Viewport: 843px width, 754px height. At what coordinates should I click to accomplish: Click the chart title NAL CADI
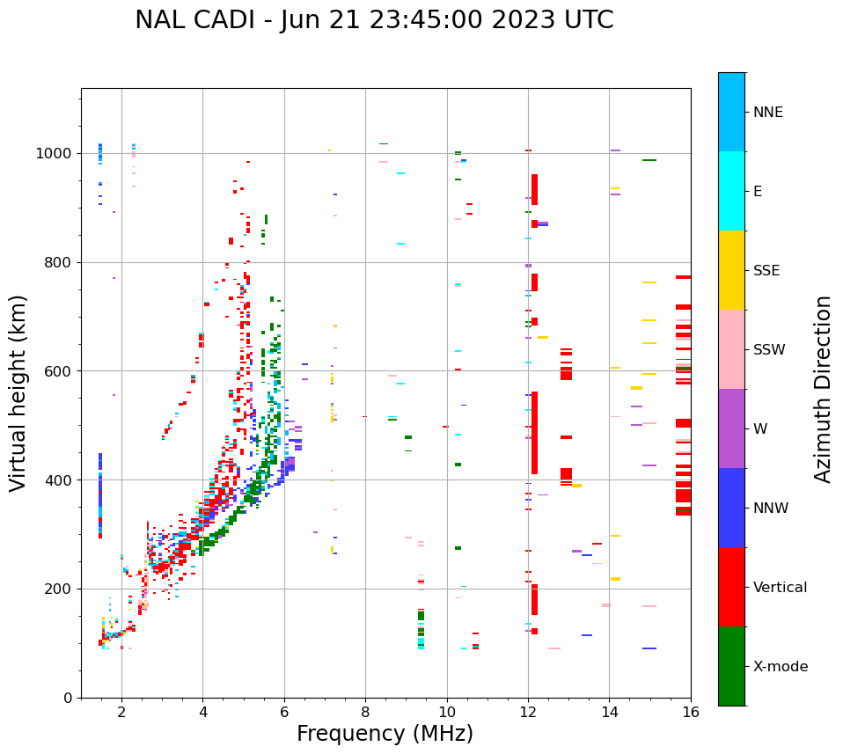click(374, 20)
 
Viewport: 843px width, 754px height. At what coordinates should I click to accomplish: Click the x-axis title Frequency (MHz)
click(385, 734)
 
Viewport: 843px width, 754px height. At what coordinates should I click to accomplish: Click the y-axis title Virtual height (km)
click(18, 393)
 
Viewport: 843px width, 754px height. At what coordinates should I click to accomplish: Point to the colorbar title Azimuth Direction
click(823, 389)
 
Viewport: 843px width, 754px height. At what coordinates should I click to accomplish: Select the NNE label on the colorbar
click(768, 113)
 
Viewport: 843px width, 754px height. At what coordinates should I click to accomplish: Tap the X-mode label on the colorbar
click(781, 667)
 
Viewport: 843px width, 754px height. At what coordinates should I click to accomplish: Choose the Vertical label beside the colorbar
click(780, 588)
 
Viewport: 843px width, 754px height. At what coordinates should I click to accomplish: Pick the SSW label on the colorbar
click(769, 350)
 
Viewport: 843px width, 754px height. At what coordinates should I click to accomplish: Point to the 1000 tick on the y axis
click(58, 154)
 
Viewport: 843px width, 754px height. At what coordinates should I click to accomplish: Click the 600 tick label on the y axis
click(62, 371)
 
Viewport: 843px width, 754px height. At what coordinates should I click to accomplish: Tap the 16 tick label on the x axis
click(691, 712)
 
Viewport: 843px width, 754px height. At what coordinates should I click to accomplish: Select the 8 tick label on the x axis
click(365, 712)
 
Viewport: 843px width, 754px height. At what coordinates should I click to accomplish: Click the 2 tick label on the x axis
click(121, 712)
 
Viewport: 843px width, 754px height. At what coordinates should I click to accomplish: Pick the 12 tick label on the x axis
click(528, 712)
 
